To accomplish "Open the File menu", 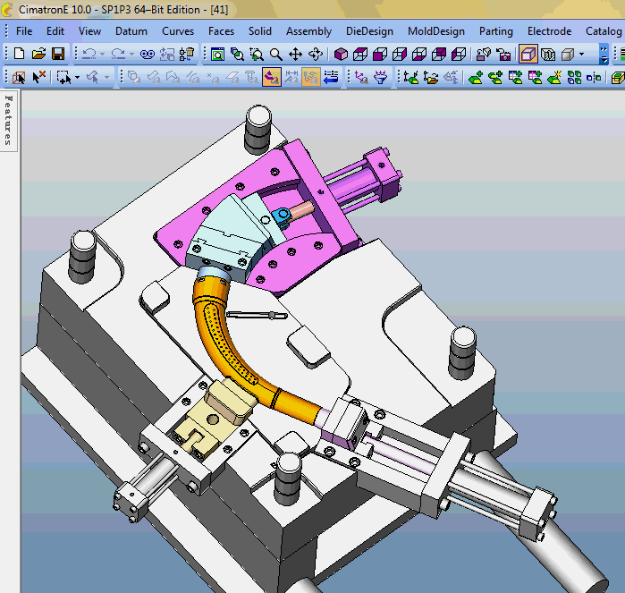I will pyautogui.click(x=24, y=31).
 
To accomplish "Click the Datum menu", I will pyautogui.click(x=131, y=31).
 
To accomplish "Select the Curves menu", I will pyautogui.click(x=178, y=31).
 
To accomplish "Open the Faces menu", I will pyautogui.click(x=221, y=31).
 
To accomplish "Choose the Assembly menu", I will pyautogui.click(x=308, y=31).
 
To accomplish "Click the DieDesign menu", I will pyautogui.click(x=370, y=31).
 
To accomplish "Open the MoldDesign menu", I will pyautogui.click(x=436, y=31).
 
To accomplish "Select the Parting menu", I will pyautogui.click(x=496, y=31).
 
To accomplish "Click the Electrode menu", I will pyautogui.click(x=549, y=31).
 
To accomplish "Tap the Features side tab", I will pyautogui.click(x=9, y=120).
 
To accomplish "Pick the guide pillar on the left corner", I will pyautogui.click(x=83, y=251).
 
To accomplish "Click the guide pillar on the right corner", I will pyautogui.click(x=463, y=350).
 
